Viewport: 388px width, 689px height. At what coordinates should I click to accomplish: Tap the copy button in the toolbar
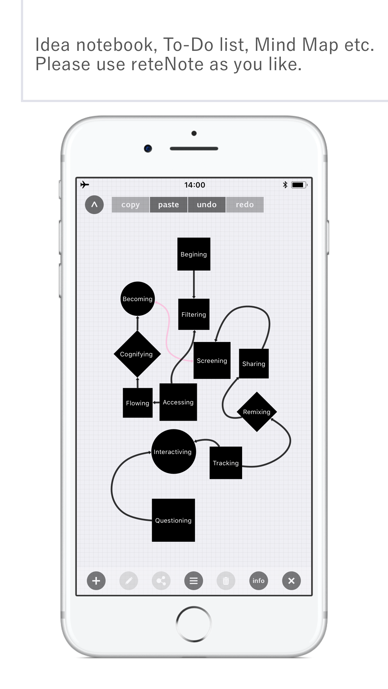coord(131,205)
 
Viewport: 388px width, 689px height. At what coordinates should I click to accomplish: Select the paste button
coord(169,205)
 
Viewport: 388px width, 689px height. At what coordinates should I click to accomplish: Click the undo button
coord(207,205)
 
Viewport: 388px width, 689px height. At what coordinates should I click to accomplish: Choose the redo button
coord(245,205)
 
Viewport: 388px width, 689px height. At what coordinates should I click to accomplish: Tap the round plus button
coord(96,581)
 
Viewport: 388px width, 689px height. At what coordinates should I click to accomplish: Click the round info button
coord(259,581)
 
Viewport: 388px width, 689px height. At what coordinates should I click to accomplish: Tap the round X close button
coord(291,581)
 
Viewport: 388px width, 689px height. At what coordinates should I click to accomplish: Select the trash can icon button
coord(226,581)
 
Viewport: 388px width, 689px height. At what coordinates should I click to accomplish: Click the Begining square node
coord(194,254)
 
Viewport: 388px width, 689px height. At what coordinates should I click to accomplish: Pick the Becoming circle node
coord(137,299)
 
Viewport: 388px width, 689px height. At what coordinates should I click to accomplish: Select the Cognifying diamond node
coord(137,354)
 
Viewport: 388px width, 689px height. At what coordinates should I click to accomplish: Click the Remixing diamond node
coord(257,412)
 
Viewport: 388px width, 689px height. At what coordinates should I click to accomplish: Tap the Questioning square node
coord(173,520)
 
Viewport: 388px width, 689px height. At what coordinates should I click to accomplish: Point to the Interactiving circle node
coord(174,452)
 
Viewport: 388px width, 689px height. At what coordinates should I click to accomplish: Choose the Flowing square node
coord(138,403)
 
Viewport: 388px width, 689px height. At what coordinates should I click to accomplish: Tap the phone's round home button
coord(194,624)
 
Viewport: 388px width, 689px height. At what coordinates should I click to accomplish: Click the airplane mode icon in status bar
coord(85,185)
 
